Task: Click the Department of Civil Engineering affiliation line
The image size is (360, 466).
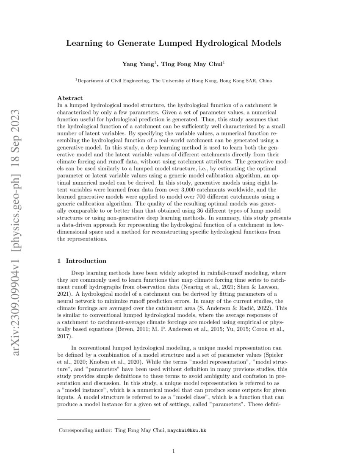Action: tap(174, 80)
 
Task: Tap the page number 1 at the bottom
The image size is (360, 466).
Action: tap(174, 451)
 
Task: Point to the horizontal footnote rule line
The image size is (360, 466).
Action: tap(103, 419)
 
